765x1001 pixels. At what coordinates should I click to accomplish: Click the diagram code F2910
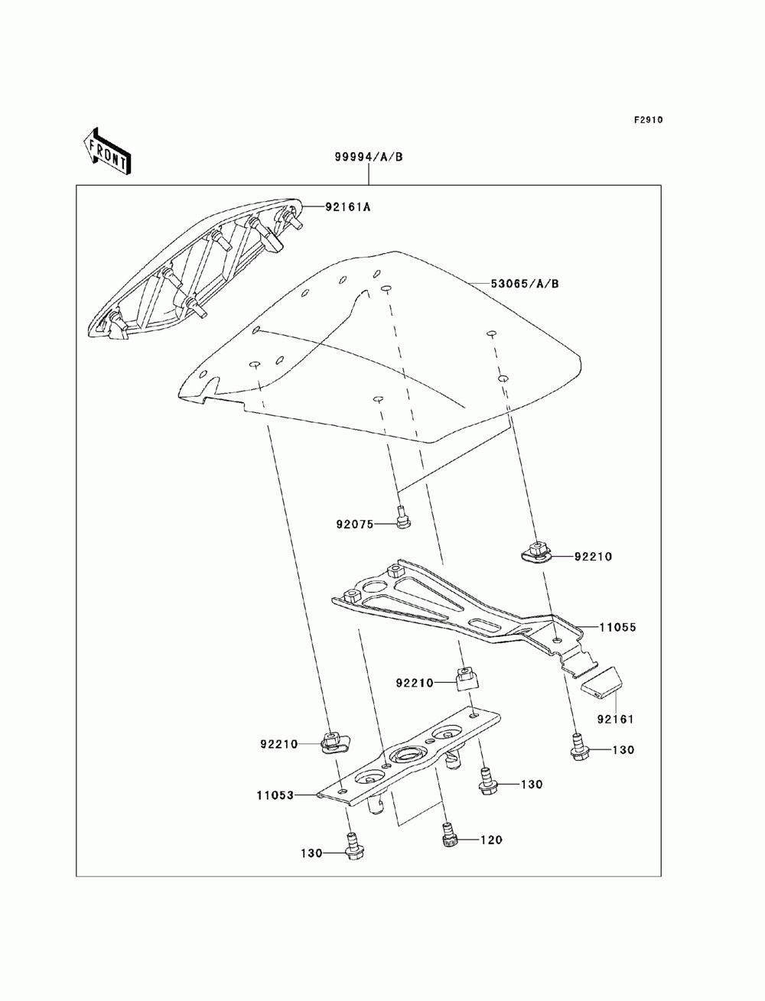(x=647, y=121)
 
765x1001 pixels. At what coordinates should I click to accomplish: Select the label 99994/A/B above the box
(x=368, y=158)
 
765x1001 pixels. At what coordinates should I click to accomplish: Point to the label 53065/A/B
(x=524, y=284)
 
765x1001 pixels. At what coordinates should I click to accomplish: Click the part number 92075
(x=354, y=525)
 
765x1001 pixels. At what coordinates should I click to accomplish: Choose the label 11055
(x=617, y=627)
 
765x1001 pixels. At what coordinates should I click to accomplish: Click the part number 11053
(x=275, y=795)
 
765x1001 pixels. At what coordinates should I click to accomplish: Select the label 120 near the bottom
(x=491, y=840)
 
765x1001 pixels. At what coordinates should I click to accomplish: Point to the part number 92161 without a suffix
(x=616, y=720)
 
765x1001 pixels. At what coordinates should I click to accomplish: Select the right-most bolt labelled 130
(x=578, y=745)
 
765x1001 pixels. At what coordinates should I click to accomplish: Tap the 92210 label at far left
(x=278, y=743)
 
